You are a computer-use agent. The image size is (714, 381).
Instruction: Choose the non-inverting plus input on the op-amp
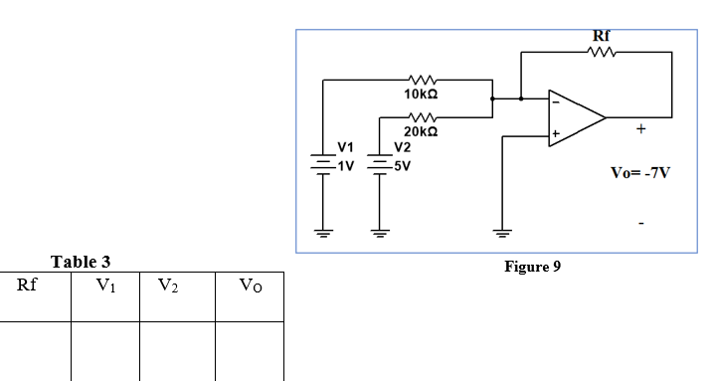click(x=556, y=132)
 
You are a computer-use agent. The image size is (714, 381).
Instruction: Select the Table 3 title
click(x=81, y=263)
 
